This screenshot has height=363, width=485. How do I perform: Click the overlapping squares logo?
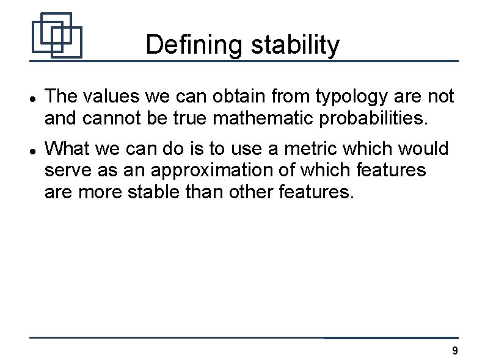pyautogui.click(x=56, y=35)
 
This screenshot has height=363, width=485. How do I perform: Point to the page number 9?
pyautogui.click(x=454, y=351)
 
